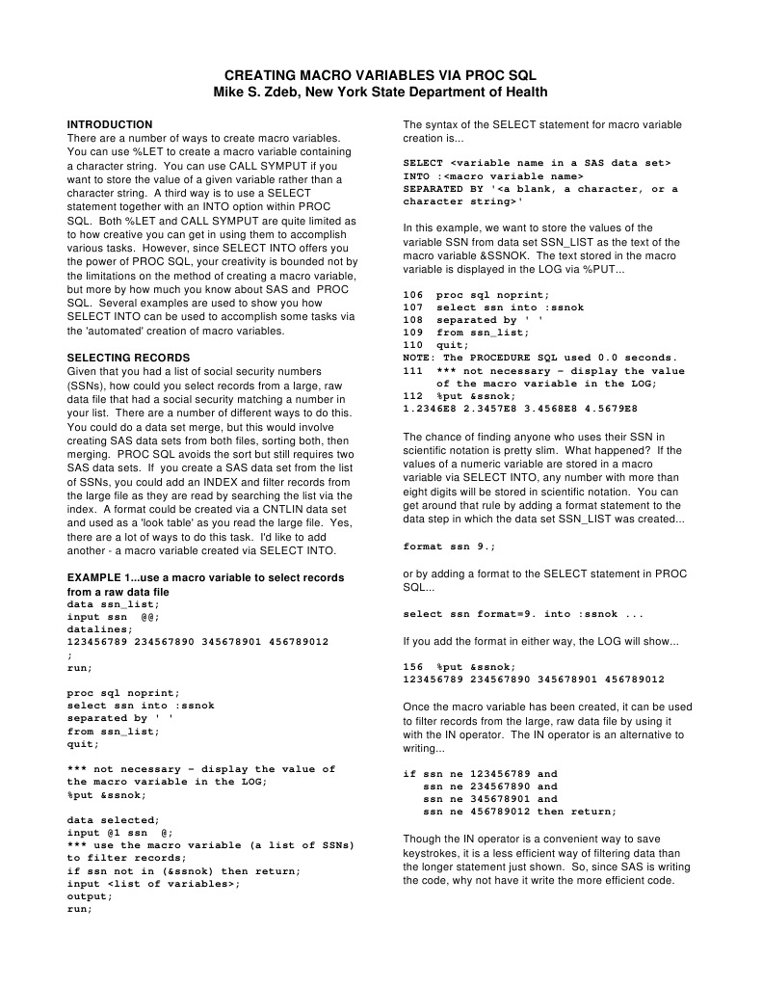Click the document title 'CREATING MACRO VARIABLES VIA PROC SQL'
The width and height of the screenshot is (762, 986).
point(380,74)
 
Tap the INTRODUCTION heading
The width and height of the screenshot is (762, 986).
point(109,124)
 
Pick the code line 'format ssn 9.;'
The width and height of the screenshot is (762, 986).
point(449,546)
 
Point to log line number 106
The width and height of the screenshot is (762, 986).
point(412,295)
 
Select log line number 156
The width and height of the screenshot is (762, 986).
point(412,666)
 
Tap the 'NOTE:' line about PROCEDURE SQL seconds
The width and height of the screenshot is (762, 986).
point(539,358)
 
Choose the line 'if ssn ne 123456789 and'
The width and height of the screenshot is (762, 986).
point(480,774)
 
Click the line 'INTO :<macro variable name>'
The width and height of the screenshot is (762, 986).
point(493,176)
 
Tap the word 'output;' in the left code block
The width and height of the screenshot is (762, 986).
point(90,895)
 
